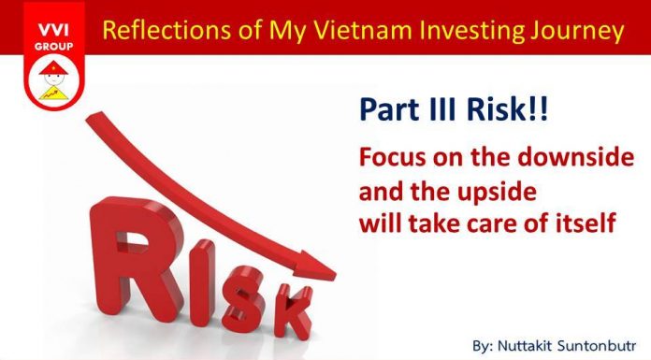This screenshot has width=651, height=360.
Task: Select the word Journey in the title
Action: tap(579, 30)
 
